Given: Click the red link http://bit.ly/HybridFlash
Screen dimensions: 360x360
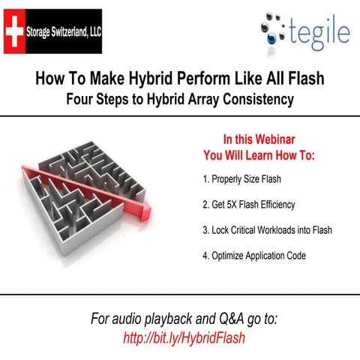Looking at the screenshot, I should click(184, 337).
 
